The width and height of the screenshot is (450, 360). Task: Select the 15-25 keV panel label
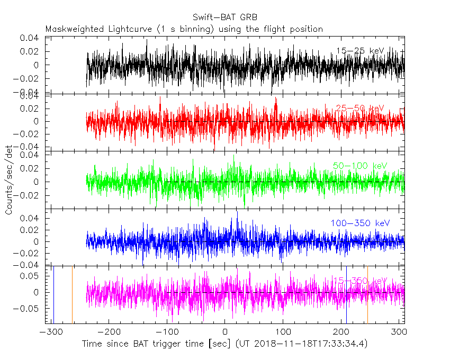click(360, 51)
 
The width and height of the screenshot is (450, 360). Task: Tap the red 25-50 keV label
click(360, 109)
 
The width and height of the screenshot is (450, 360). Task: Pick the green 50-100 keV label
click(360, 166)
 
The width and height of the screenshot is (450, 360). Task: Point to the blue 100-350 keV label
click(361, 223)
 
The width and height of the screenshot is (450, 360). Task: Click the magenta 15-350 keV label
click(360, 281)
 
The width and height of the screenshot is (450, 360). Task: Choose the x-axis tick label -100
click(167, 332)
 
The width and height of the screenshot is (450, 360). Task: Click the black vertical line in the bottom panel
click(53, 294)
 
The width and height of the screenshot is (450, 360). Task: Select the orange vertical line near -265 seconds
click(72, 294)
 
